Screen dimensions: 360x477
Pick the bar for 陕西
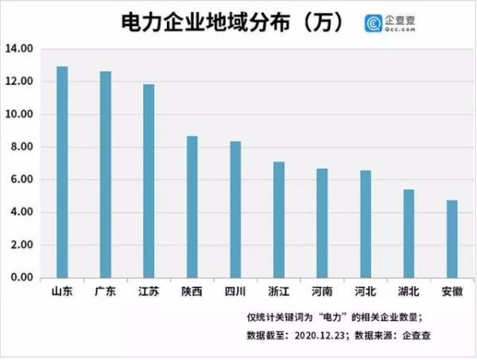tap(192, 207)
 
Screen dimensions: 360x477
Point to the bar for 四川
tap(235, 209)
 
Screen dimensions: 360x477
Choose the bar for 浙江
tap(279, 219)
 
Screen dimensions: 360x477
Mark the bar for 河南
tap(322, 223)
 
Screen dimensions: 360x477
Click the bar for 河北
tap(366, 223)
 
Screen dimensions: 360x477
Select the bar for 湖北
tap(409, 234)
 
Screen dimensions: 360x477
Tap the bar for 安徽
tap(452, 238)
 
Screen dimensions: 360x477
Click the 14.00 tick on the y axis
tap(17, 49)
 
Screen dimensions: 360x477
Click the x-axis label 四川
tap(235, 291)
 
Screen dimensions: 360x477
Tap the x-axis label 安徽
tap(452, 291)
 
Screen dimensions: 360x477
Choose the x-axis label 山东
tap(62, 291)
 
